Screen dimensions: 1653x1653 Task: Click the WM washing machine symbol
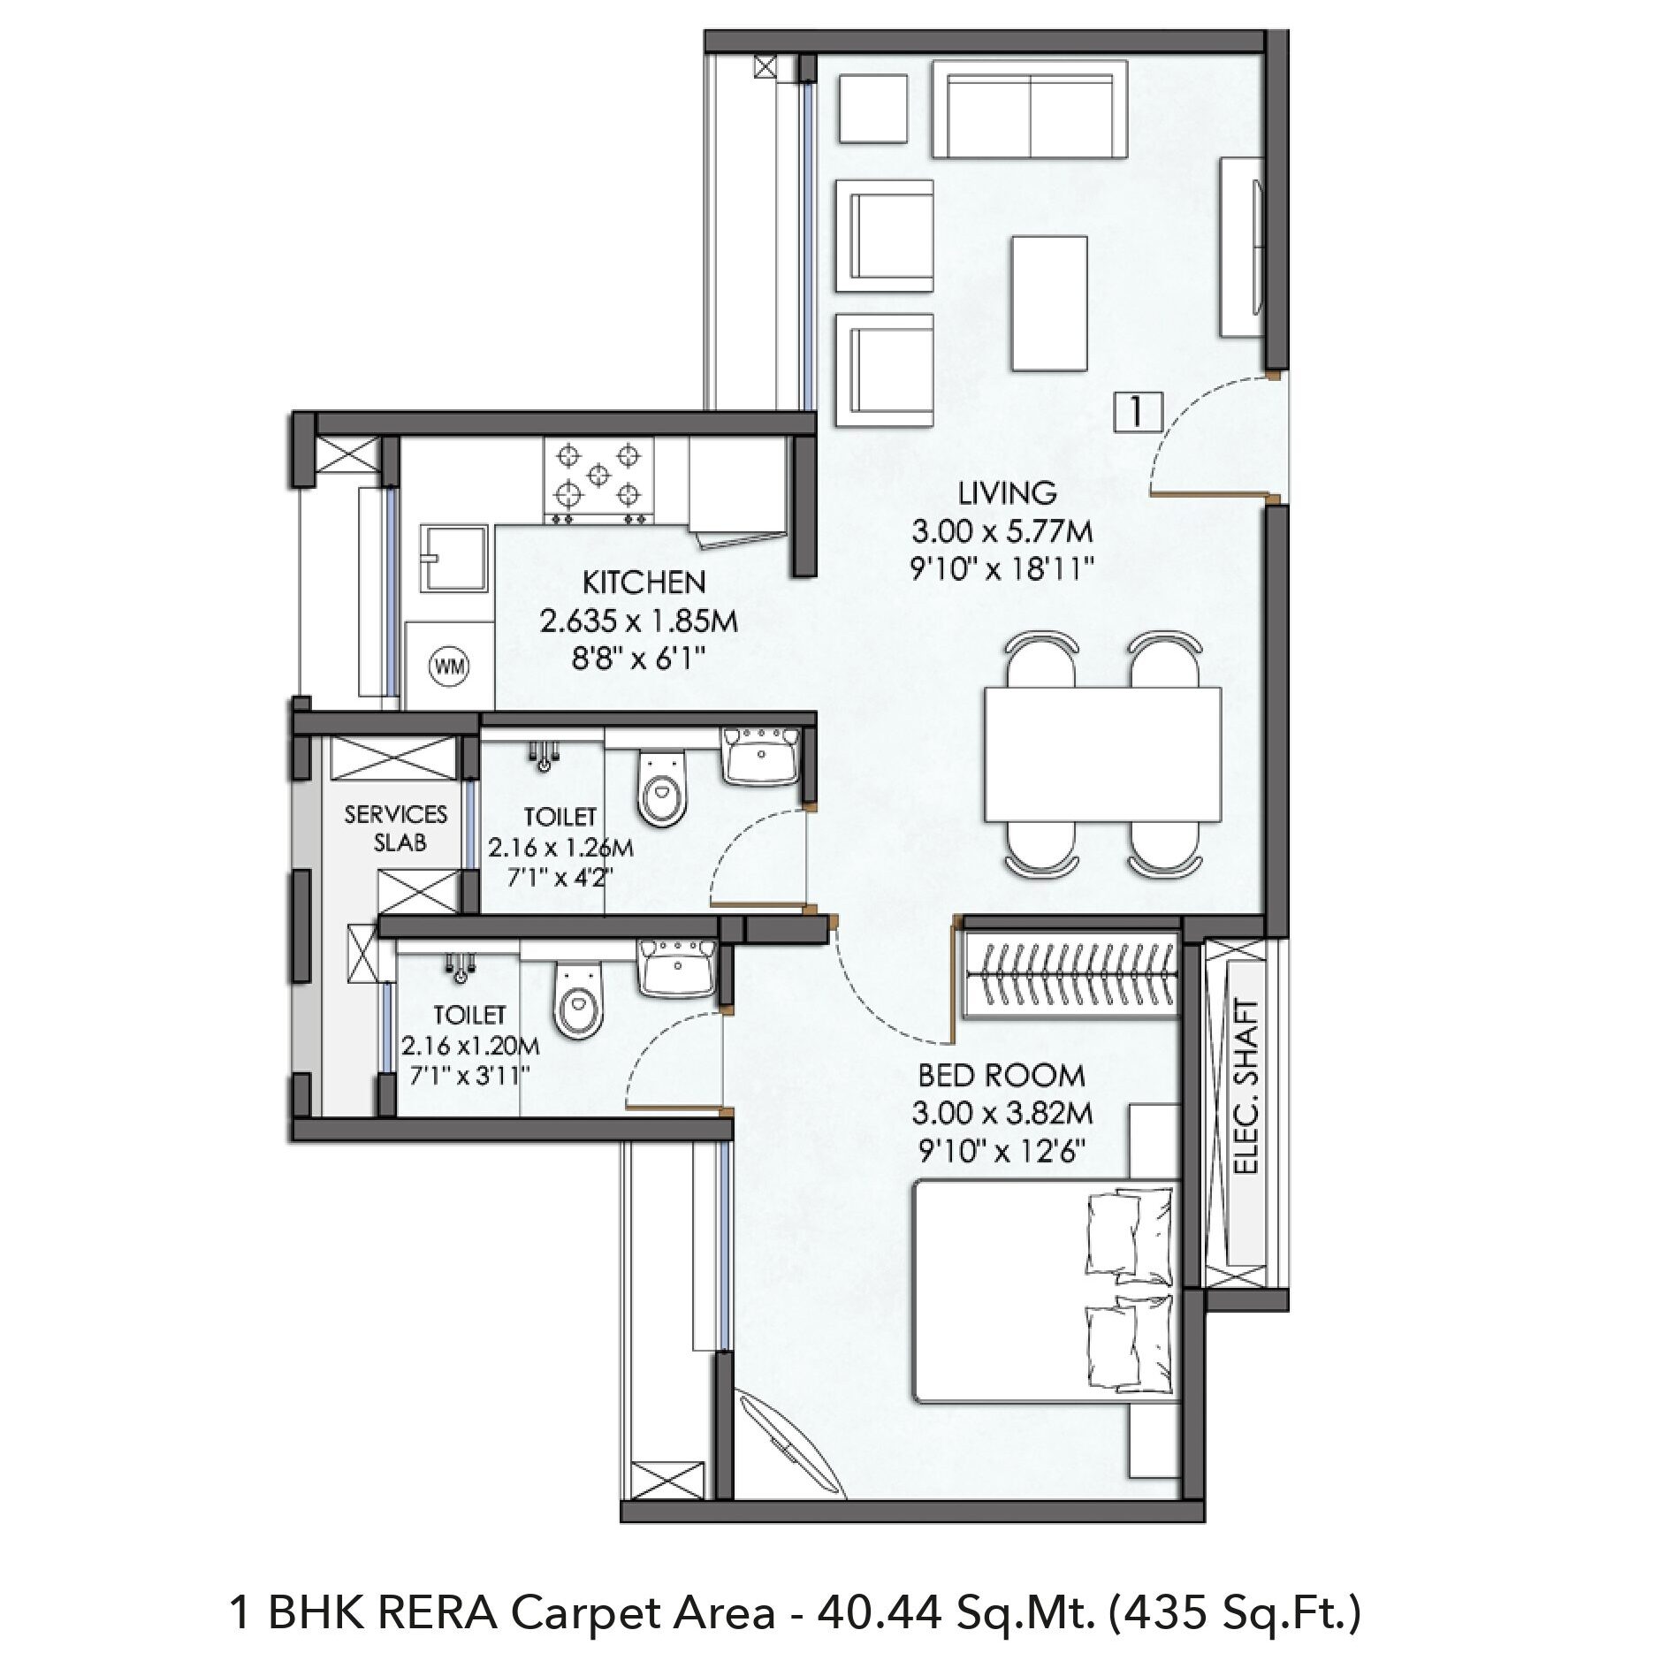click(x=449, y=667)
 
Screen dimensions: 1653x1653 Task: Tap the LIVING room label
click(x=1008, y=492)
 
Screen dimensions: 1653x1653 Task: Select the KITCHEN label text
click(x=644, y=583)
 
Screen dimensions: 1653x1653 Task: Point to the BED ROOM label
click(x=1002, y=1075)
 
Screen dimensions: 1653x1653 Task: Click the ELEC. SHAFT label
click(x=1246, y=1086)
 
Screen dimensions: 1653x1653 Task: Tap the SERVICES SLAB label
click(x=397, y=827)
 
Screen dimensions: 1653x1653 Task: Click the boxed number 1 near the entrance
click(x=1138, y=411)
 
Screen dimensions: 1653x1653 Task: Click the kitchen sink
click(x=455, y=559)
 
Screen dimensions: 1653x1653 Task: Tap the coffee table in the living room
click(x=1049, y=303)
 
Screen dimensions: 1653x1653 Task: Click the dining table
click(x=1102, y=754)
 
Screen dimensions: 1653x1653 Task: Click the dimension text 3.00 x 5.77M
click(x=1002, y=531)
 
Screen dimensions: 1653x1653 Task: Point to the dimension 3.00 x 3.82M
click(x=1002, y=1113)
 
